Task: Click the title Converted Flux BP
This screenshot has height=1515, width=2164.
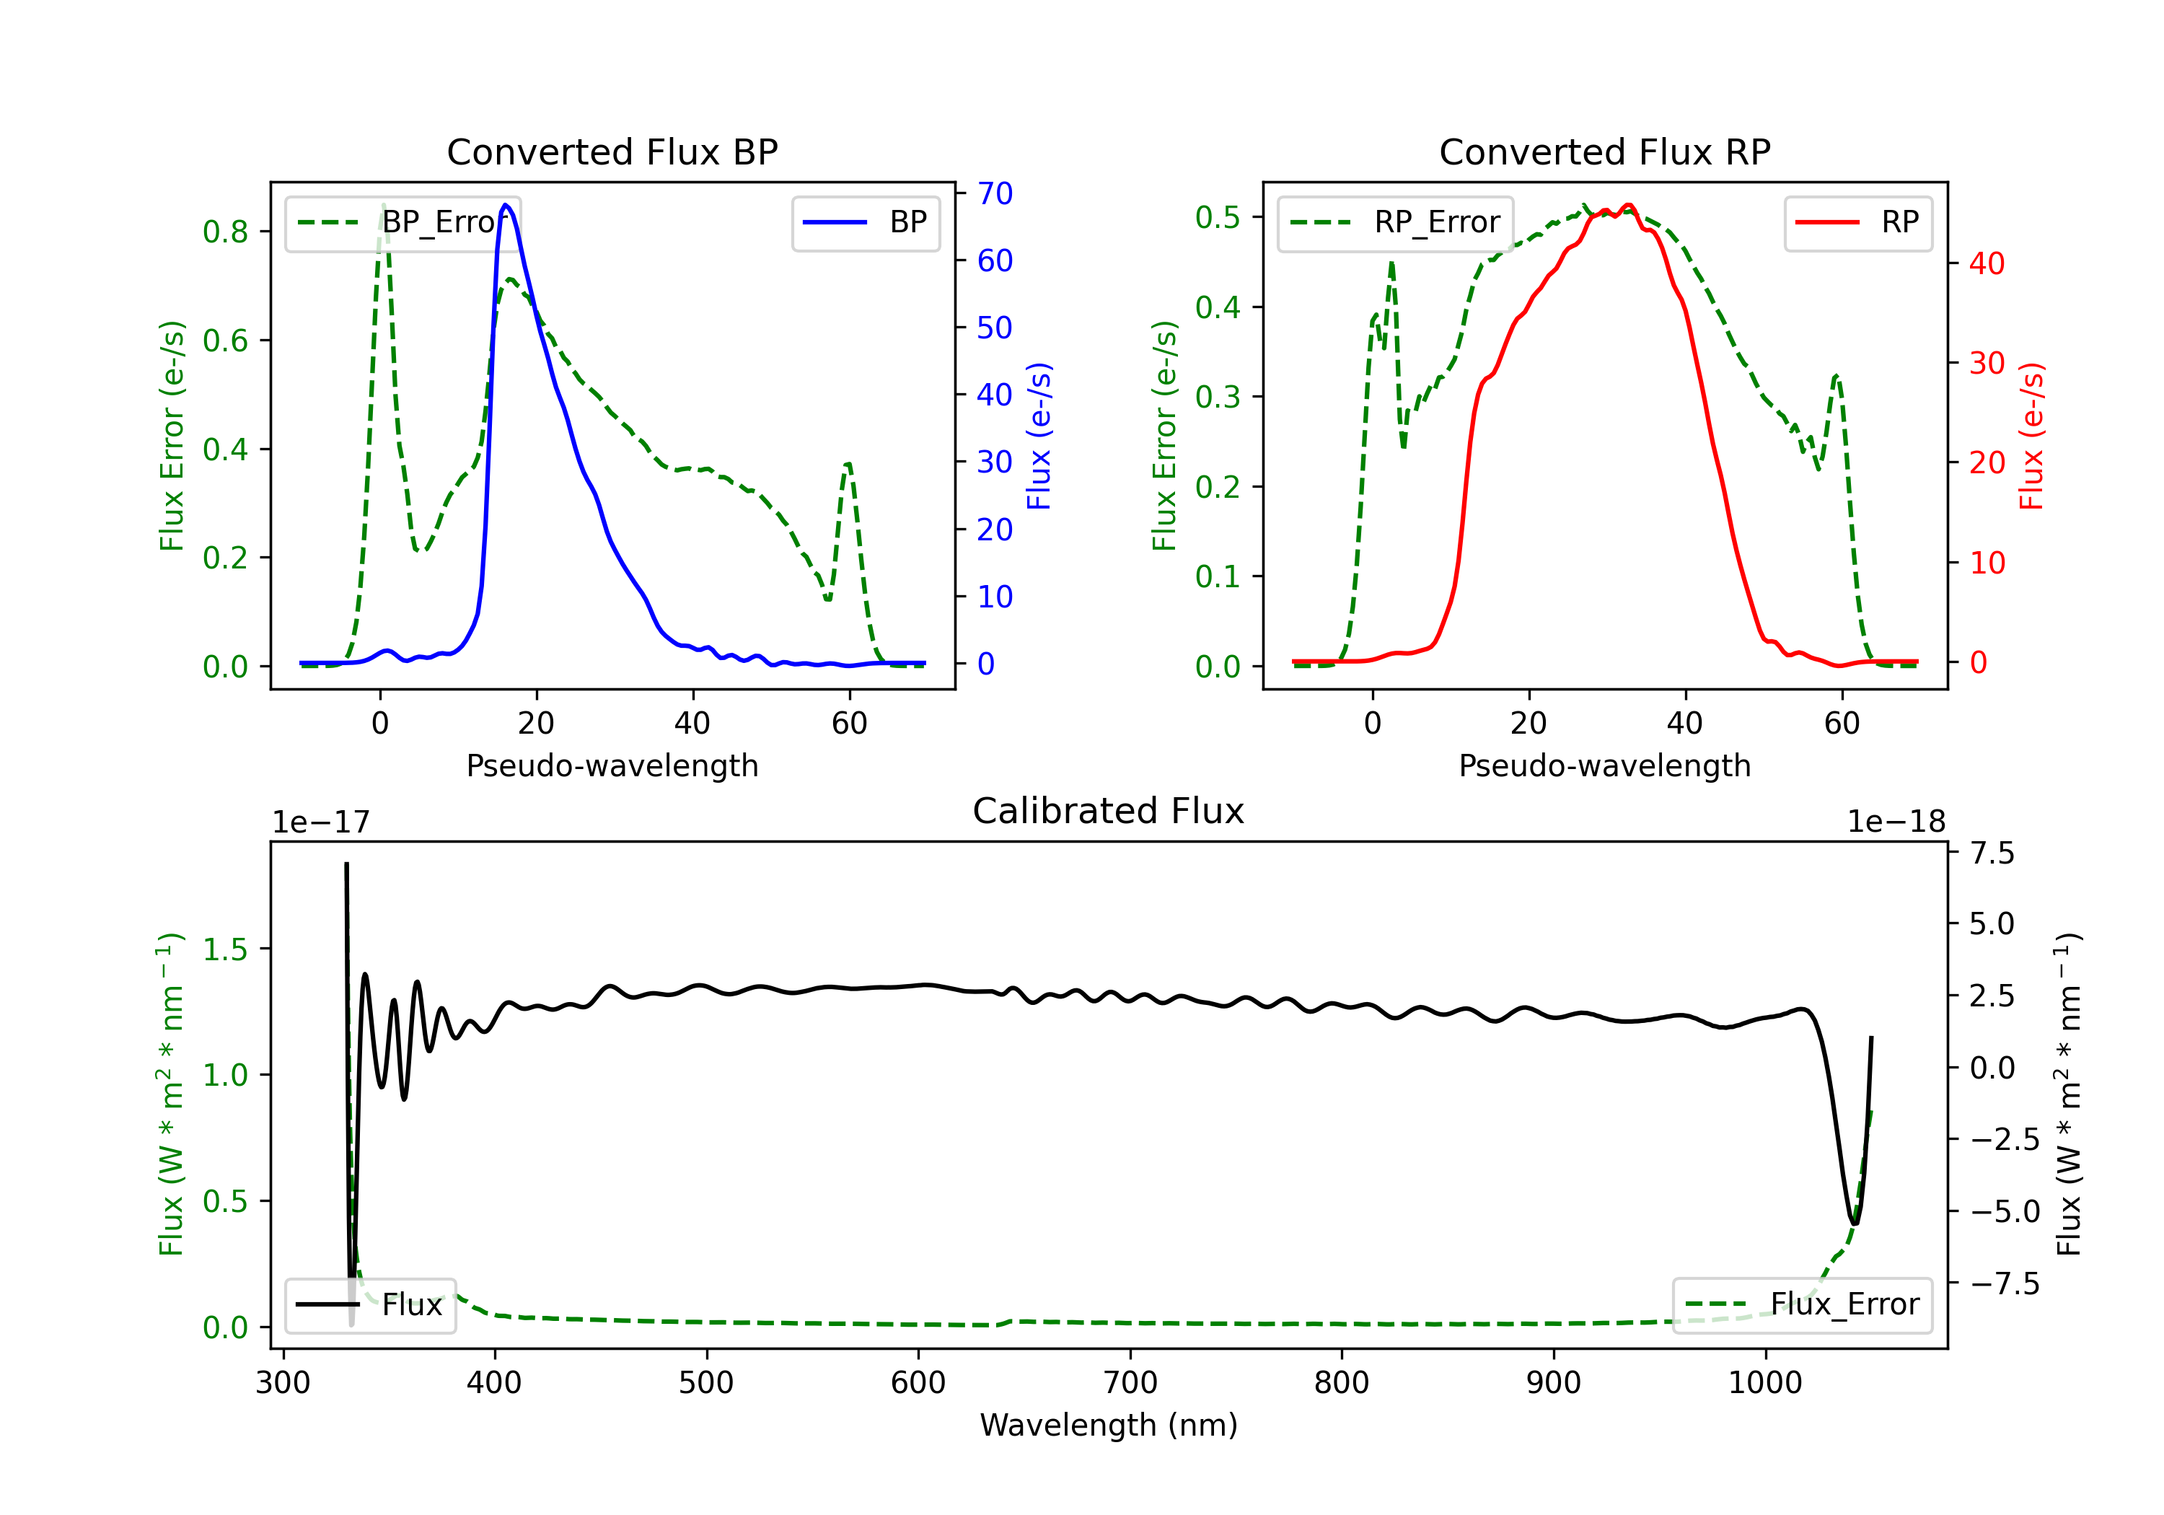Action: click(x=612, y=151)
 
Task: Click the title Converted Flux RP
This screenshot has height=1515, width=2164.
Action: click(x=1604, y=151)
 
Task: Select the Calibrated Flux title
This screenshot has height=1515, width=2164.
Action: click(x=1109, y=811)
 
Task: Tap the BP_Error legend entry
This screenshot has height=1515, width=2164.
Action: click(x=403, y=222)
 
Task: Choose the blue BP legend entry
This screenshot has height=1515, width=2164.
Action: click(x=865, y=222)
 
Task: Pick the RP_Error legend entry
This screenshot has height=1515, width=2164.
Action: click(x=1395, y=222)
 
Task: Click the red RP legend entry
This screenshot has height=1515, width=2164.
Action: click(x=1857, y=222)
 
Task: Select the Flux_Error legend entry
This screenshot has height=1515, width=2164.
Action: click(x=1802, y=1305)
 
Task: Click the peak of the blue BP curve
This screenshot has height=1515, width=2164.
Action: click(x=506, y=205)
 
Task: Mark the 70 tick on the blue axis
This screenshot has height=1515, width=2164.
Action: click(x=994, y=193)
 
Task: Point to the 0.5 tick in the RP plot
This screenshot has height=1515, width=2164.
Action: click(x=1218, y=217)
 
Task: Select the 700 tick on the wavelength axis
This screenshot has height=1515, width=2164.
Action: click(x=1130, y=1383)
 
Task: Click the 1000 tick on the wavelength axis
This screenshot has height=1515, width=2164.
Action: click(x=1765, y=1383)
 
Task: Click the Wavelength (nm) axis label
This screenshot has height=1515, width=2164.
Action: click(x=1109, y=1426)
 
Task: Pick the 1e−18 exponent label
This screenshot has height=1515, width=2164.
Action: click(x=1896, y=822)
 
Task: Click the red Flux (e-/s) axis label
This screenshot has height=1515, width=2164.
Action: click(x=2032, y=436)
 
